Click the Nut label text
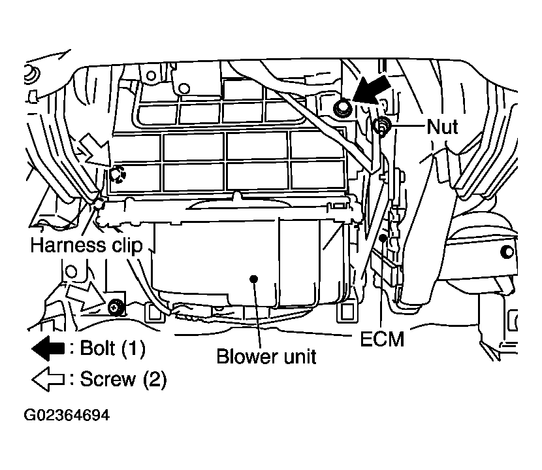442,127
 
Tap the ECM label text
382,339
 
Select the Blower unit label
266,356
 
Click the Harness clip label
86,245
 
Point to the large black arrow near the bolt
372,90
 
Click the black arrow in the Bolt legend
48,348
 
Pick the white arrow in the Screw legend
48,379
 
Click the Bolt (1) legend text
112,348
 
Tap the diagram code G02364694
67,415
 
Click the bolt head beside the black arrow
343,108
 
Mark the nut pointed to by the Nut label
381,126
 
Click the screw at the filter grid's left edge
118,174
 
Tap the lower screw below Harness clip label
116,307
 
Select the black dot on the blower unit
254,278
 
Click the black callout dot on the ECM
383,238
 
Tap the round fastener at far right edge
507,252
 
